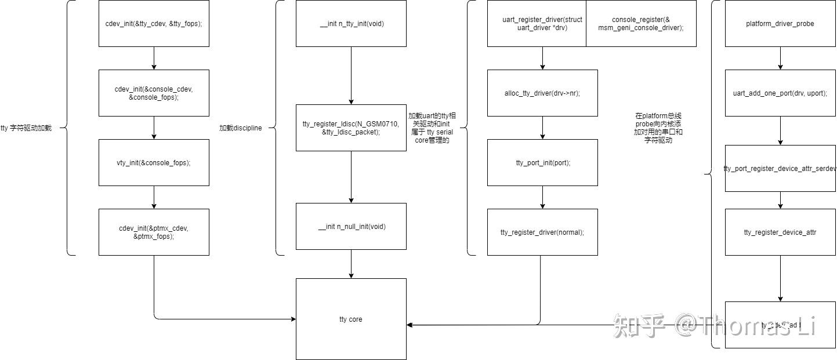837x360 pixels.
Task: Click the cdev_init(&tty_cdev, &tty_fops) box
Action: pyautogui.click(x=154, y=24)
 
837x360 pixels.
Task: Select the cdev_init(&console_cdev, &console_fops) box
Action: pyautogui.click(x=154, y=93)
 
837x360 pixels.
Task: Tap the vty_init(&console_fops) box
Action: pyautogui.click(x=154, y=162)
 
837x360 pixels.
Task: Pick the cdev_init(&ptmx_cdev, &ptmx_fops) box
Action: pyautogui.click(x=154, y=232)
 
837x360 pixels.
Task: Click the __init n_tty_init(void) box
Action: pyautogui.click(x=351, y=24)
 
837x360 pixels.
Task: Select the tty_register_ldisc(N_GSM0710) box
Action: pyautogui.click(x=351, y=128)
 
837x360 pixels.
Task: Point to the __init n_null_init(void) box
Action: pyautogui.click(x=351, y=226)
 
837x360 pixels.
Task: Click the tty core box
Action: pyautogui.click(x=351, y=319)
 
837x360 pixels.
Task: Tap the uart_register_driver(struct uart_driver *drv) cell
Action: pyautogui.click(x=537, y=24)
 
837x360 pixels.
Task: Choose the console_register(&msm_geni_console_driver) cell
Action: pyautogui.click(x=641, y=24)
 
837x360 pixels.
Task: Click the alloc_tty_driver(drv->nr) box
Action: pyautogui.click(x=542, y=93)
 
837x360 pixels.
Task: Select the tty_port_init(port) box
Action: pyautogui.click(x=542, y=162)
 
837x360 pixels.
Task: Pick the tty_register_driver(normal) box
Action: pyautogui.click(x=542, y=232)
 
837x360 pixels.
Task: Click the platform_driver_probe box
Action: pyautogui.click(x=780, y=24)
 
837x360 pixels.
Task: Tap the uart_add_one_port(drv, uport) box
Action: pyautogui.click(x=780, y=93)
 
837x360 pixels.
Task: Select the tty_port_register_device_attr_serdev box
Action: pyautogui.click(x=780, y=168)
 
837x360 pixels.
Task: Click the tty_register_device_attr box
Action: pyautogui.click(x=780, y=232)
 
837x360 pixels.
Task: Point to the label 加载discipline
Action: pyautogui.click(x=240, y=128)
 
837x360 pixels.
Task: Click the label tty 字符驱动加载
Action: pyautogui.click(x=26, y=128)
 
